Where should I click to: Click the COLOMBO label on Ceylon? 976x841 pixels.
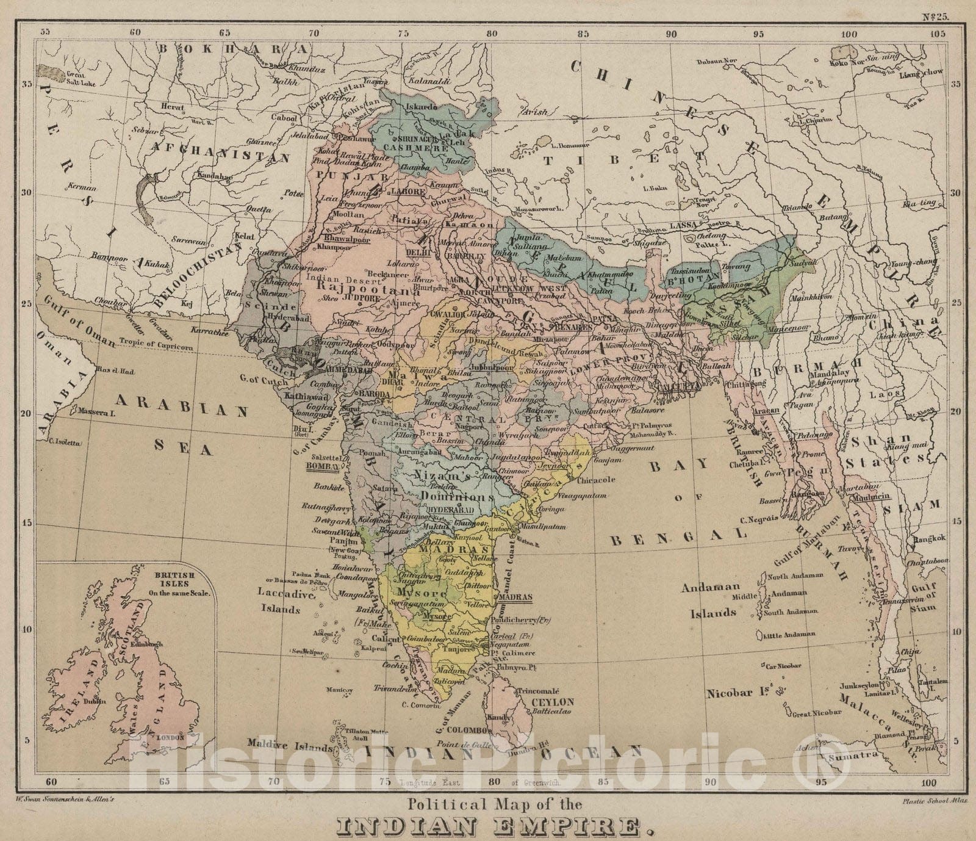coord(465,730)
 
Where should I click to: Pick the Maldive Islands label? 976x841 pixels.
coord(290,746)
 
